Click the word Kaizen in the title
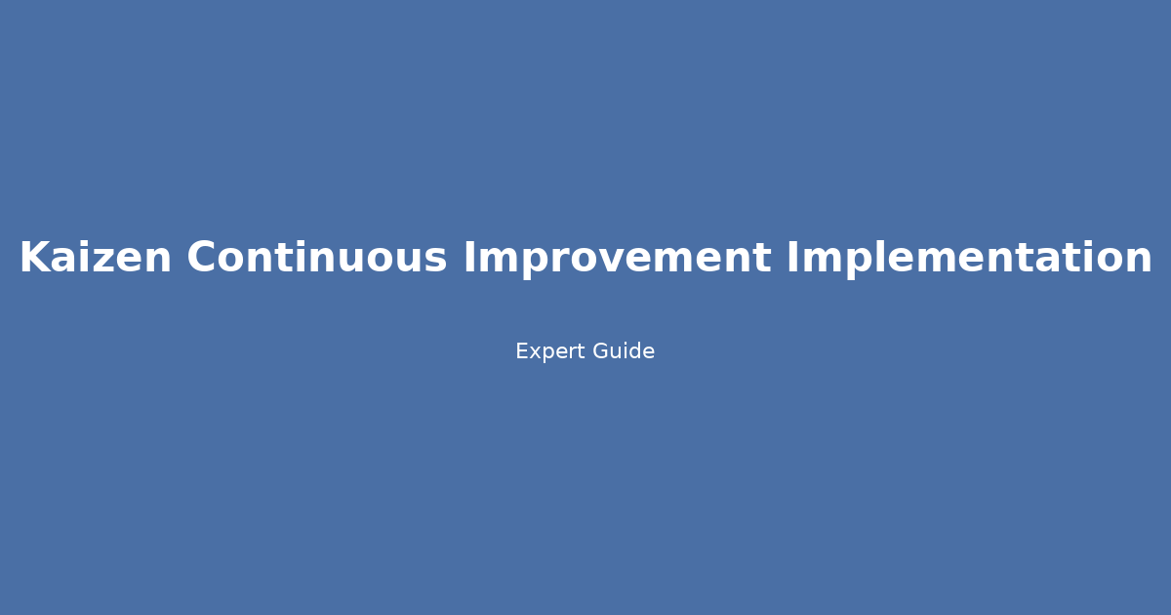pyautogui.click(x=95, y=258)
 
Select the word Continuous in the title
pyautogui.click(x=317, y=258)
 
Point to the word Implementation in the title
pyautogui.click(x=969, y=258)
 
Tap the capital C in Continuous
pyautogui.click(x=202, y=258)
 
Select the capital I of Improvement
pyautogui.click(x=468, y=258)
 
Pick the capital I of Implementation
pyautogui.click(x=792, y=258)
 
